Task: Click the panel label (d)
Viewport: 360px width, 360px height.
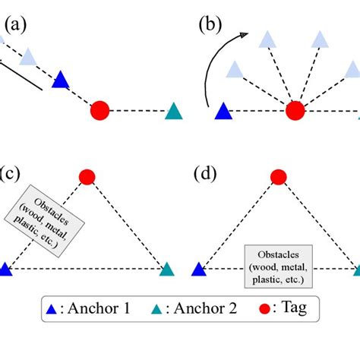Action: tap(207, 174)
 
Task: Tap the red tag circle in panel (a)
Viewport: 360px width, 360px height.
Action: tap(100, 111)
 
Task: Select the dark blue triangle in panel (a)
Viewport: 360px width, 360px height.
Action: tap(61, 80)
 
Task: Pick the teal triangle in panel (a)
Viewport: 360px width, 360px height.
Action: tap(174, 112)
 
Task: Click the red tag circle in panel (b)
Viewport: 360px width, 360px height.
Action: tap(295, 111)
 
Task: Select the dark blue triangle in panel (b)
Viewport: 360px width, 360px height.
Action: tap(223, 112)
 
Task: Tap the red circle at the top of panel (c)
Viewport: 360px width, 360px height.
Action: tap(87, 178)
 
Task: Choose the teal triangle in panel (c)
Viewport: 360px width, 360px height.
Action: tap(166, 269)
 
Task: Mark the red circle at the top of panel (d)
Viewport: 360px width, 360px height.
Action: tap(279, 178)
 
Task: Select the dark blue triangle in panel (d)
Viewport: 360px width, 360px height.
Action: tap(199, 269)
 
